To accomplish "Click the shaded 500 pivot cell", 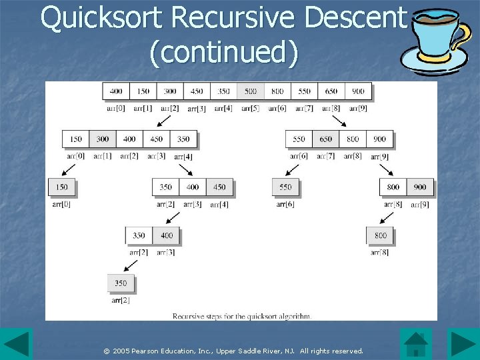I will [251, 91].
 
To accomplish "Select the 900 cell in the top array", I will [359, 91].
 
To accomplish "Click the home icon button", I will [416, 344].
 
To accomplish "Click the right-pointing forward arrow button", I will [463, 344].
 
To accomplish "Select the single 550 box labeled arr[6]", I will [286, 187].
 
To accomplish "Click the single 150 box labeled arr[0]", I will [62, 187].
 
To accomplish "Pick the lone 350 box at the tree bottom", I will [121, 283].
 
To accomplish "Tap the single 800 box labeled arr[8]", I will [380, 235].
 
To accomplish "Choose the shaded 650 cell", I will [326, 139].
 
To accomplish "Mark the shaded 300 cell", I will [103, 139].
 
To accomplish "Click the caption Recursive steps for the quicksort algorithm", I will [241, 316].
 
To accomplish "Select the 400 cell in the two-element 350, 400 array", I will [167, 235].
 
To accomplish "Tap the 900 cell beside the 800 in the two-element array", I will [420, 187].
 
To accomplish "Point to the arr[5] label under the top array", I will [251, 108].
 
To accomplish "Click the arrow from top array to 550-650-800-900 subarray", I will [338, 120].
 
